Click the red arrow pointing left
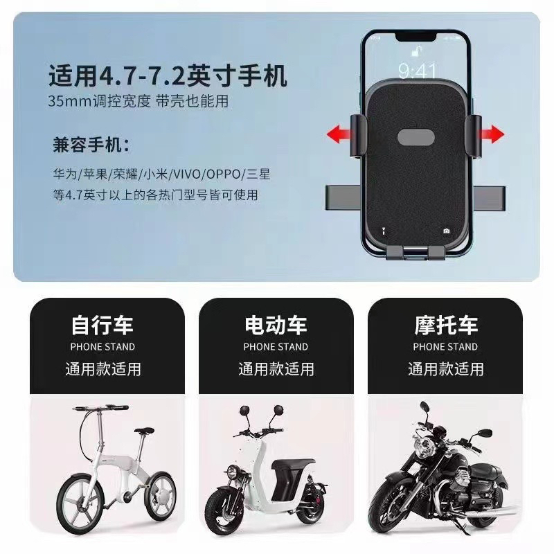[x=339, y=134]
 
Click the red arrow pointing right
[x=492, y=134]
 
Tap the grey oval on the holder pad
[x=416, y=137]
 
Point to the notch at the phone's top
[x=415, y=37]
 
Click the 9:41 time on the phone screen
[x=417, y=71]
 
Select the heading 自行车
[x=102, y=325]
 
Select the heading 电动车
[x=276, y=325]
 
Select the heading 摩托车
[x=446, y=325]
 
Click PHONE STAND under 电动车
[x=276, y=347]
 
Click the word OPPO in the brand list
[x=223, y=175]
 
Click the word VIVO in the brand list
[x=186, y=175]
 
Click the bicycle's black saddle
[x=144, y=431]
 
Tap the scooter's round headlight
[x=232, y=472]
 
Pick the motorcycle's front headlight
[x=422, y=447]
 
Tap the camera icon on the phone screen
[x=447, y=231]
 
